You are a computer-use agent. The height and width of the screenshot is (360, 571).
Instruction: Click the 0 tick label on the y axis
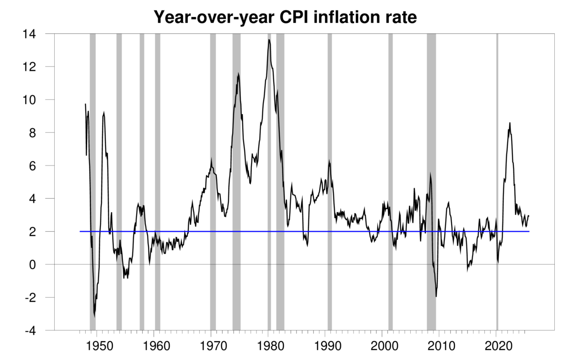click(41, 264)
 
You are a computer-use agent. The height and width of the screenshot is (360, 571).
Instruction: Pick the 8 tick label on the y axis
click(41, 133)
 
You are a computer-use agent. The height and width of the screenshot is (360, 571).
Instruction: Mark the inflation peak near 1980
click(269, 40)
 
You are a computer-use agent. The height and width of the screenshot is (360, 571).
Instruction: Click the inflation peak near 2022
click(510, 123)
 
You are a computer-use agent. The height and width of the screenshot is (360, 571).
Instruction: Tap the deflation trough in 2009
click(436, 296)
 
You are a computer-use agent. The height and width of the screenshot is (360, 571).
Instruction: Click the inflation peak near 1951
click(104, 113)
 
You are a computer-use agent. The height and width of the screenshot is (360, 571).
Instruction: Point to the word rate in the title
click(401, 18)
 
